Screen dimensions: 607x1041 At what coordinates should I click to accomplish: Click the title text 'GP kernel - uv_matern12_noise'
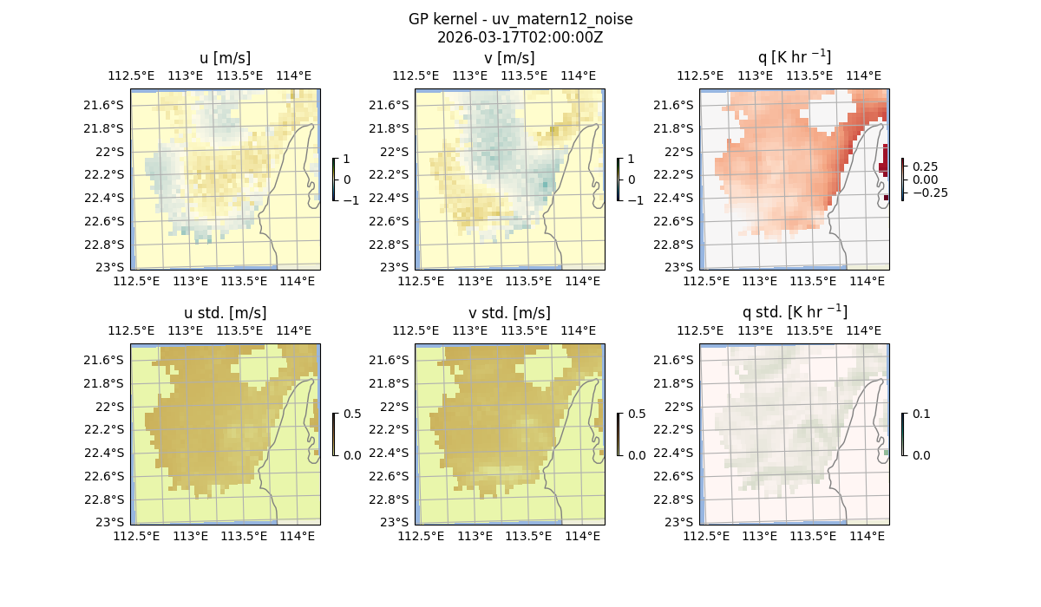tap(520, 19)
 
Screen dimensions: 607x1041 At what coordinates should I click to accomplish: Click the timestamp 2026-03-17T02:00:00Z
tap(520, 37)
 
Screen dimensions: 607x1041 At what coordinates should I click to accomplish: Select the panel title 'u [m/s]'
tap(225, 58)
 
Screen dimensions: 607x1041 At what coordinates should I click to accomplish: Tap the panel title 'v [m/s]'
tap(509, 58)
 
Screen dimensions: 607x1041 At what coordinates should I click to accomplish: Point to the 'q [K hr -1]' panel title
tap(794, 57)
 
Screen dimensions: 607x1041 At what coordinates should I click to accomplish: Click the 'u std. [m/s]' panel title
tap(225, 312)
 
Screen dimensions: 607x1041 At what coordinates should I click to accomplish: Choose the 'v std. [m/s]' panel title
tap(509, 312)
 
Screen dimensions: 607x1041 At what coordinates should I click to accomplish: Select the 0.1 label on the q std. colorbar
tap(920, 414)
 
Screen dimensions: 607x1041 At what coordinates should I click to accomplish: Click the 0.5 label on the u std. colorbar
tap(352, 414)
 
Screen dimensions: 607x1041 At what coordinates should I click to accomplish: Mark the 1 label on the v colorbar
tap(631, 160)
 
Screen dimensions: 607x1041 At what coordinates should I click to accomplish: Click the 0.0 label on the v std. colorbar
tap(637, 454)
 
